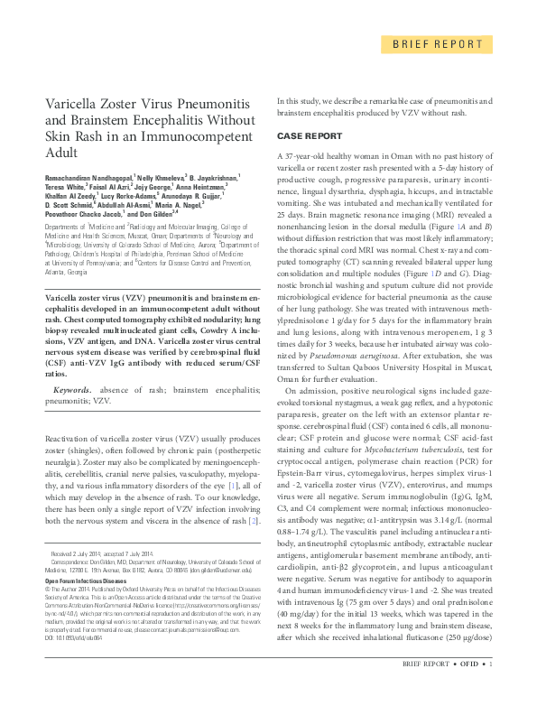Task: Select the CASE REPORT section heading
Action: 309,135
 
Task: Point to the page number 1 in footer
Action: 489,691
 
